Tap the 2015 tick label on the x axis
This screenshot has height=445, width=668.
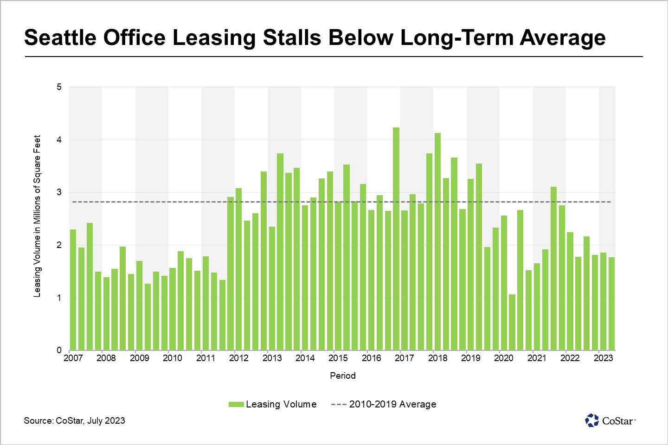338,358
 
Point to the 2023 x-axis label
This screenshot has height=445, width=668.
603,358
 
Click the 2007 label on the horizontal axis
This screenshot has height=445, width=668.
73,358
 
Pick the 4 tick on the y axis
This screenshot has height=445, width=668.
59,140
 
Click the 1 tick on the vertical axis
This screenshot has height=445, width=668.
59,298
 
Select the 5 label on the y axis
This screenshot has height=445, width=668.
59,87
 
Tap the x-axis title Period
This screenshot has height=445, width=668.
343,375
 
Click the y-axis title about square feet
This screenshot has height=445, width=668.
37,216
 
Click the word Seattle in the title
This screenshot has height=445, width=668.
59,38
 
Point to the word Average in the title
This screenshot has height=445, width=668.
562,38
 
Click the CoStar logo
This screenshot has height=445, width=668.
610,420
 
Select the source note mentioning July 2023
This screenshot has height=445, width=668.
75,420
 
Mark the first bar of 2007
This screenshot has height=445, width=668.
73,290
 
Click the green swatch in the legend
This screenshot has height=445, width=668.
236,405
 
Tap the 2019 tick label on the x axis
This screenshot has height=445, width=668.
471,358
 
